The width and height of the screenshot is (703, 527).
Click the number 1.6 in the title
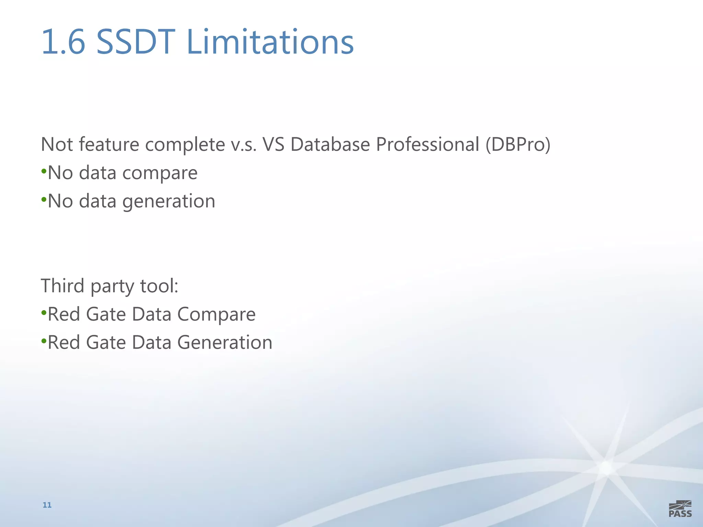[63, 42]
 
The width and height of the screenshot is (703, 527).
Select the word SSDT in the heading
[136, 42]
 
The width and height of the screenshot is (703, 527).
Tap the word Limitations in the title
[270, 42]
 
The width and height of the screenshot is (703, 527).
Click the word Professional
[427, 144]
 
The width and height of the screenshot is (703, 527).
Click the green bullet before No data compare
[44, 171]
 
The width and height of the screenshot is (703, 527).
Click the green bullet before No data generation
[44, 199]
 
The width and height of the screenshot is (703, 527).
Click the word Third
[62, 286]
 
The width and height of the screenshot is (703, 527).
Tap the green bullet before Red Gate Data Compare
[44, 313]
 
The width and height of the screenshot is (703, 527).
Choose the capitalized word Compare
[217, 315]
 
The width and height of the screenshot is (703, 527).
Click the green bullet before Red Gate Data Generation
[44, 341]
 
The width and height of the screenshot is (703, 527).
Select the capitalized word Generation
[225, 342]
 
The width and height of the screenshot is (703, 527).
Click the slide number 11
[47, 505]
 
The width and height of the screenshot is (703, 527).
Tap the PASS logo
[680, 509]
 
